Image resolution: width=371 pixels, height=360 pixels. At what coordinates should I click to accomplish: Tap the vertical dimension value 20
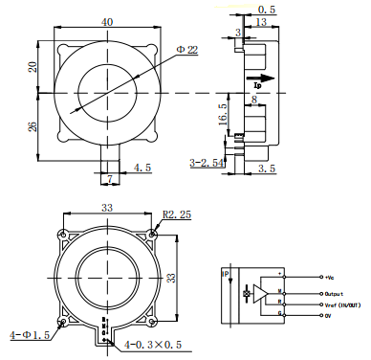[x=33, y=66]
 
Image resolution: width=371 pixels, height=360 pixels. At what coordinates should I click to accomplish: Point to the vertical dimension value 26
[x=33, y=125]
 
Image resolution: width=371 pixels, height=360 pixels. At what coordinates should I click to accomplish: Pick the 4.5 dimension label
[x=142, y=168]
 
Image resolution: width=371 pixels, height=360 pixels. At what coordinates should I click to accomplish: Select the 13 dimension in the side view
[x=261, y=22]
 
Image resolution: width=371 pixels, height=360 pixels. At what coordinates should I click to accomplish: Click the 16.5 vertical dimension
[x=222, y=115]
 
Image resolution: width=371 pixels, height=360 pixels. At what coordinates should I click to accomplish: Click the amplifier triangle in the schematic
[x=260, y=292]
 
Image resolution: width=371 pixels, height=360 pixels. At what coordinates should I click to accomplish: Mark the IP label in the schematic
[x=227, y=275]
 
